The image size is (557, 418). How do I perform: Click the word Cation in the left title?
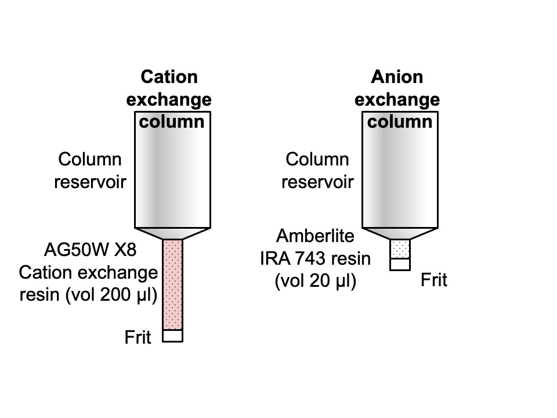pyautogui.click(x=169, y=77)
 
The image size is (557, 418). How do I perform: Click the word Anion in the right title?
pyautogui.click(x=397, y=77)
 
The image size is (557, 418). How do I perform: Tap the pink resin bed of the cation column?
pyautogui.click(x=173, y=284)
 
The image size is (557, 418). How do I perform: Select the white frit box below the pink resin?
pyautogui.click(x=173, y=336)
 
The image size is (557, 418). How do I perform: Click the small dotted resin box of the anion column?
pyautogui.click(x=400, y=248)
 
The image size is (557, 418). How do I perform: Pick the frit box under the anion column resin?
pyautogui.click(x=400, y=264)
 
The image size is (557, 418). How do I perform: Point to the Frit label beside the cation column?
pyautogui.click(x=138, y=337)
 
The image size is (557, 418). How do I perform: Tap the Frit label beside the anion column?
pyautogui.click(x=434, y=280)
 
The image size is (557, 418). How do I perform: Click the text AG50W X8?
pyautogui.click(x=89, y=251)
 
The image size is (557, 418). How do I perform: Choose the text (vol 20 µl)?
pyautogui.click(x=315, y=282)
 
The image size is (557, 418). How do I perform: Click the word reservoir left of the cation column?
pyautogui.click(x=91, y=182)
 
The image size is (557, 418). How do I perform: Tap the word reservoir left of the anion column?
pyautogui.click(x=318, y=182)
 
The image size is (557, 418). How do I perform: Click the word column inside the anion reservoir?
pyautogui.click(x=400, y=122)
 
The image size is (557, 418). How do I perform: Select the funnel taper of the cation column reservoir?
pyautogui.click(x=173, y=233)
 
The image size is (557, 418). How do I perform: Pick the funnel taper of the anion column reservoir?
pyautogui.click(x=400, y=233)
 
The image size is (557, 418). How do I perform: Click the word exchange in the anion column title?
pyautogui.click(x=397, y=100)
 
